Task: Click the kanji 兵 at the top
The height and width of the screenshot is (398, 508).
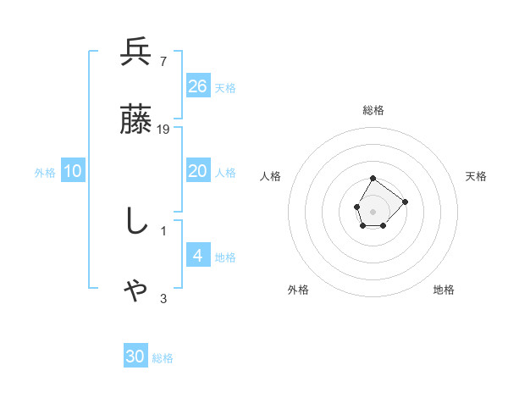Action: click(135, 53)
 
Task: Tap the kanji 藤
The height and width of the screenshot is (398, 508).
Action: click(135, 121)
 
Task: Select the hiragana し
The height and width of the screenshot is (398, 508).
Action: click(135, 222)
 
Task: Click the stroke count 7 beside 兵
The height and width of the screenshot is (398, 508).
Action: click(163, 61)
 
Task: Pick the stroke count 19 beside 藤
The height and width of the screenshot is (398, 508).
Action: click(163, 130)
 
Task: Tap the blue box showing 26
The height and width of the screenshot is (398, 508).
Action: click(198, 86)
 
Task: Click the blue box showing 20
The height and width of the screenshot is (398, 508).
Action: click(198, 171)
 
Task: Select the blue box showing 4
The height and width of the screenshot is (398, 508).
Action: click(198, 255)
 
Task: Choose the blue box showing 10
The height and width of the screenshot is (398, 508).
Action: click(73, 171)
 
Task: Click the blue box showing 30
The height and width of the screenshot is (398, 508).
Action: click(135, 357)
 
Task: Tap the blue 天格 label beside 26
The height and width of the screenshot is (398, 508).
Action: click(225, 87)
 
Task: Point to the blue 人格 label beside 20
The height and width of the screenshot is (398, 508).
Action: click(225, 173)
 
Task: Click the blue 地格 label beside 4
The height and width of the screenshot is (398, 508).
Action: click(225, 257)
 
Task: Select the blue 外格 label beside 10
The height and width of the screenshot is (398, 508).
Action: click(45, 173)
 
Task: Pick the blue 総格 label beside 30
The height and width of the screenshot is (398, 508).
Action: click(163, 358)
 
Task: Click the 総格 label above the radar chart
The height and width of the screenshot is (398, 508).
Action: click(373, 110)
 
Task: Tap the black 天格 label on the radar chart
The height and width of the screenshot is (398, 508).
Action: click(476, 176)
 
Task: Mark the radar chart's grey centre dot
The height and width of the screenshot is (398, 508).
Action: click(373, 210)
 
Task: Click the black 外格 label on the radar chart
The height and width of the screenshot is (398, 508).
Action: click(298, 290)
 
